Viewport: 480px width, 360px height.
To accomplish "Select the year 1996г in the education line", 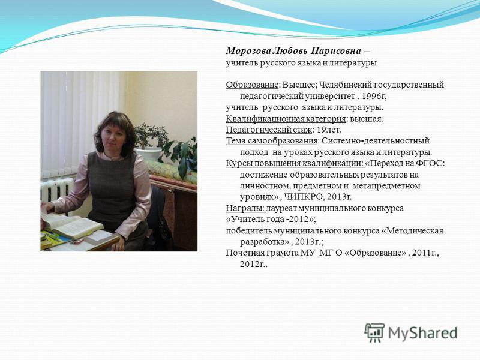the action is (x=373, y=96).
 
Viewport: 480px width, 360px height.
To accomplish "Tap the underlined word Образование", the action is (x=252, y=85).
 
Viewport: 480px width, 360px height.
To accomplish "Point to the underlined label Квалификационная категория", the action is (x=286, y=119).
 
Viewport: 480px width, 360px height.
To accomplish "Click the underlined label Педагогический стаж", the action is (x=269, y=130).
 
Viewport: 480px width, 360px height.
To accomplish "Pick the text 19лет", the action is (x=328, y=130).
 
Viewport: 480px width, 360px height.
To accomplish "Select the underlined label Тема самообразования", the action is (x=272, y=141).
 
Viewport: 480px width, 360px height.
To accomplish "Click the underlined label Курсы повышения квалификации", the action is (x=295, y=163).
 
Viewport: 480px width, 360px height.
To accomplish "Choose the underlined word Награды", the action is (x=245, y=208).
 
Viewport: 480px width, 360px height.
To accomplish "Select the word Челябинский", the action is (x=341, y=85).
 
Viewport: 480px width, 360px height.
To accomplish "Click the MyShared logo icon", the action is (x=374, y=332).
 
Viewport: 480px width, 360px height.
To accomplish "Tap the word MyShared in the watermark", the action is (x=423, y=333).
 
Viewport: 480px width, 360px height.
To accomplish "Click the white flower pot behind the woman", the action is (x=148, y=154).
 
